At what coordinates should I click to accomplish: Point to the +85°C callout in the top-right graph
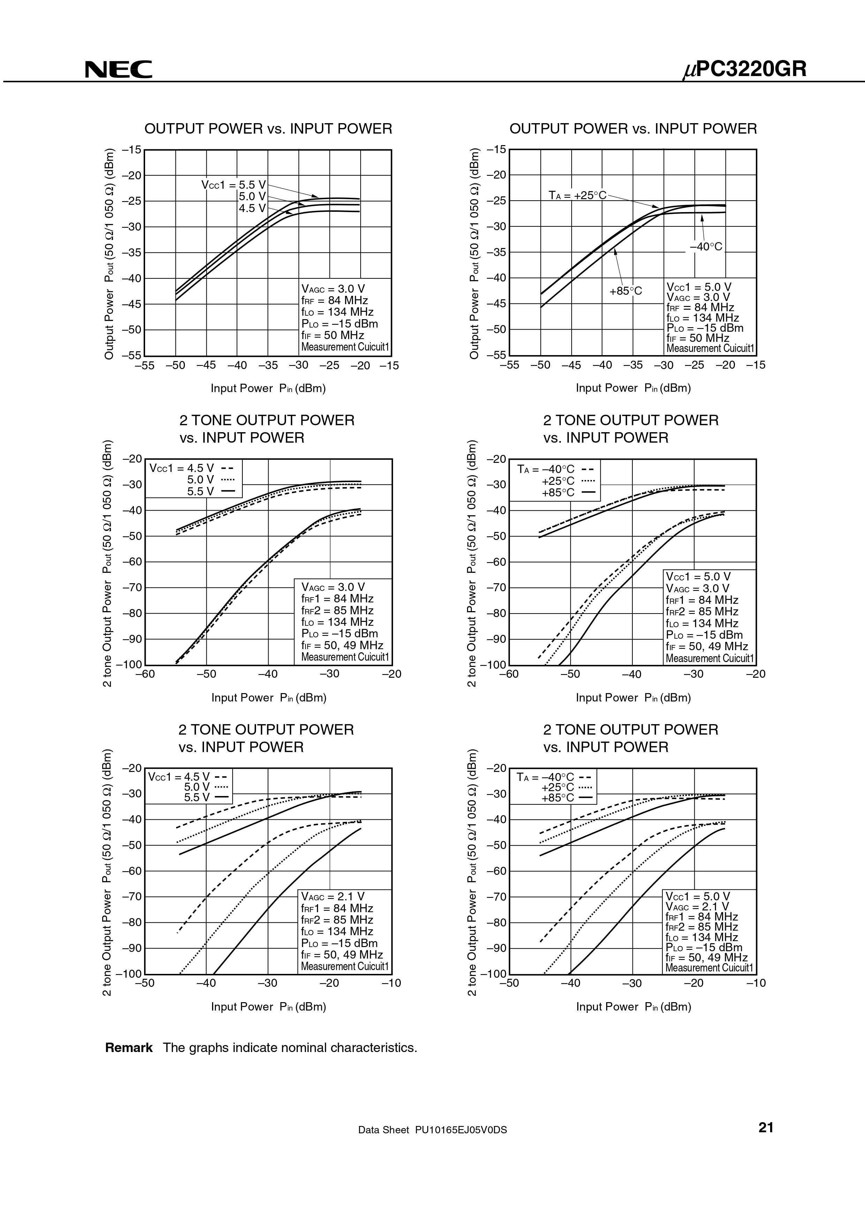626,291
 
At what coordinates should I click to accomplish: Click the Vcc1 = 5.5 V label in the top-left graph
233,185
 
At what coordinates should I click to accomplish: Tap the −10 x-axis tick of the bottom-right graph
756,983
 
